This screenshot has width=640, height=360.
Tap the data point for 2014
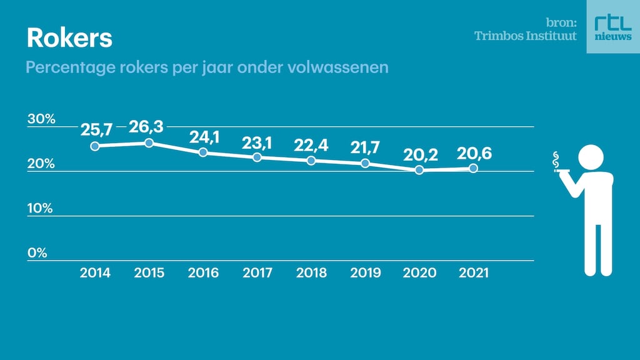(95, 146)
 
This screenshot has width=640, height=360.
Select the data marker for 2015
(149, 143)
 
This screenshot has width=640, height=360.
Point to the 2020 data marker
(419, 169)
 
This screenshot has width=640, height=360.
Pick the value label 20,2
(419, 153)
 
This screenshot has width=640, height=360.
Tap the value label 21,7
(365, 146)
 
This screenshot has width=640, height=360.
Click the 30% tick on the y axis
(41, 119)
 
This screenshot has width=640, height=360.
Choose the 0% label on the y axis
(37, 253)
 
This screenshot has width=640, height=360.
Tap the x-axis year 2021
(474, 273)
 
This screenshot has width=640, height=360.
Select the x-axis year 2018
(311, 273)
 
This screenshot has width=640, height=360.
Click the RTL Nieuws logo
(612, 27)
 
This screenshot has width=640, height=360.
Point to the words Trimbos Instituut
(526, 36)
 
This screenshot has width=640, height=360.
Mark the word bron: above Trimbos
(561, 22)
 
